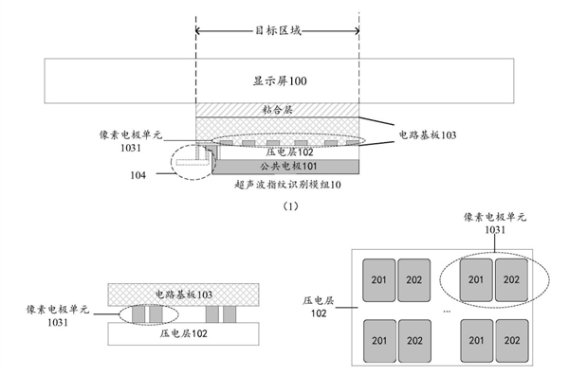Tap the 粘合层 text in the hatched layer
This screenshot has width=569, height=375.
click(276, 110)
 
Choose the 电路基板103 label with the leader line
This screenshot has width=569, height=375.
click(426, 135)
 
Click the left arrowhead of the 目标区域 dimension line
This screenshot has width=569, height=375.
click(199, 32)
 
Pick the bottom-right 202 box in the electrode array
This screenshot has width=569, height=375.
click(511, 338)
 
